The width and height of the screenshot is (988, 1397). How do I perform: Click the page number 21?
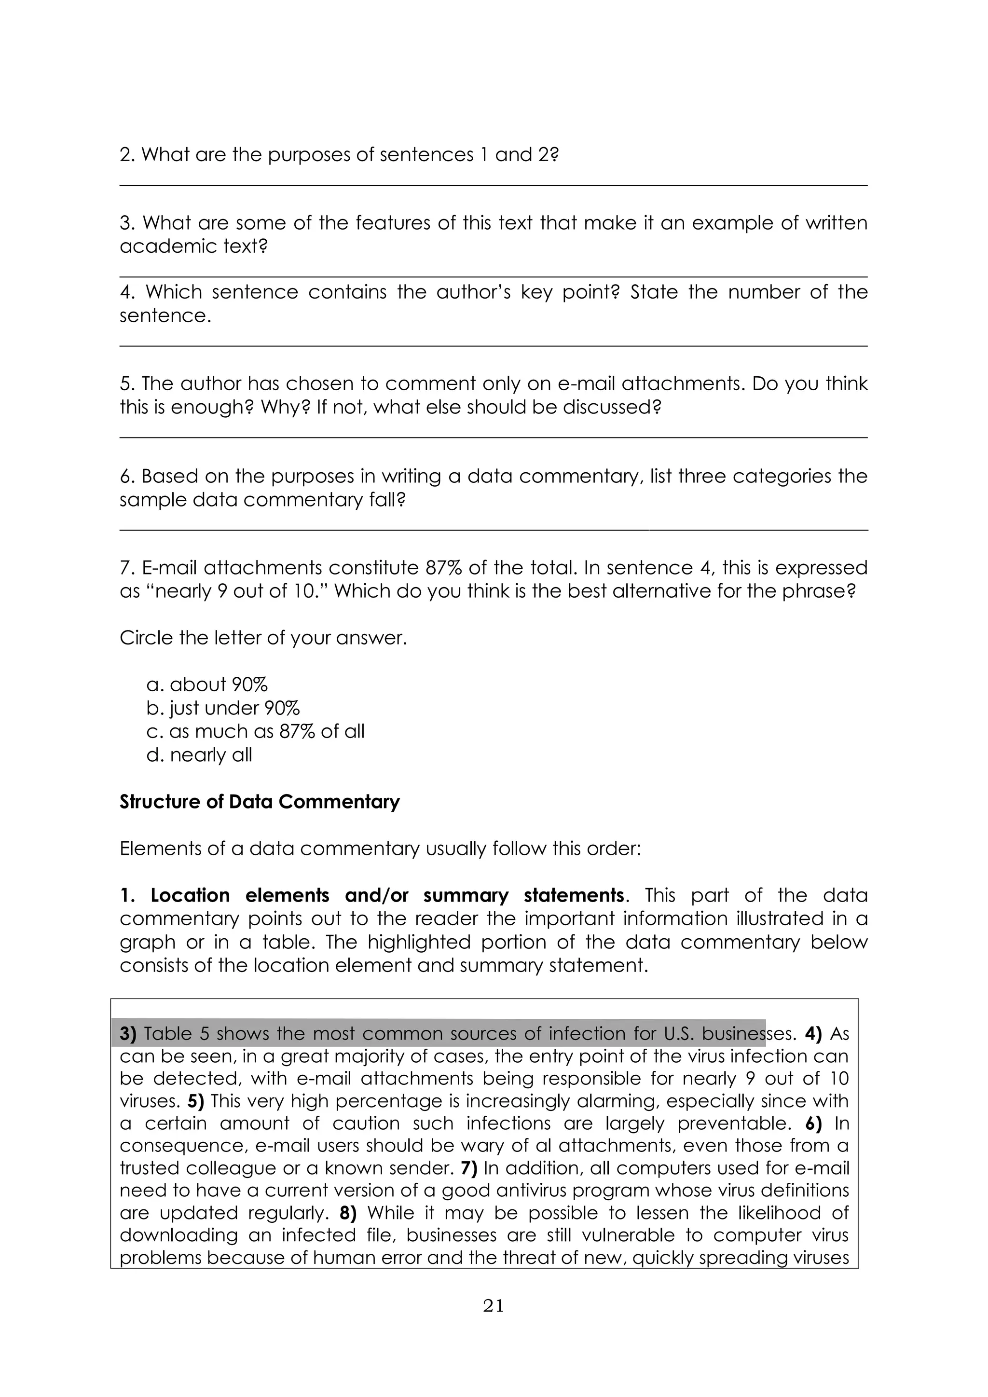[x=494, y=1305]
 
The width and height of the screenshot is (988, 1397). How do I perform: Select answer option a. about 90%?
[x=207, y=685]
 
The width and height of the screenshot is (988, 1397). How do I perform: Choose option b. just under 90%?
[x=223, y=708]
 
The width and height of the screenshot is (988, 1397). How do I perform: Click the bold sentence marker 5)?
[x=195, y=1101]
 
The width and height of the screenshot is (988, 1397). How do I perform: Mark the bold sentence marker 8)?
[x=348, y=1213]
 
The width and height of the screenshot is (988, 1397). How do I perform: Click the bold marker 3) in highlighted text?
[x=129, y=1034]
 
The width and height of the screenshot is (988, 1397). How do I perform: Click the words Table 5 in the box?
[x=177, y=1034]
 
